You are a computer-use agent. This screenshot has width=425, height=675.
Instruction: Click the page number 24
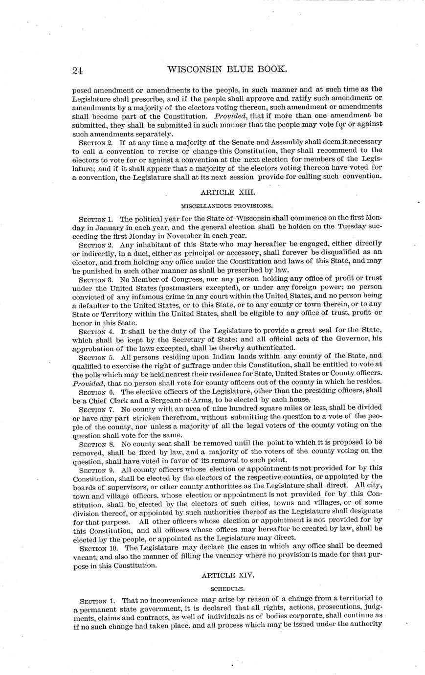[x=77, y=70]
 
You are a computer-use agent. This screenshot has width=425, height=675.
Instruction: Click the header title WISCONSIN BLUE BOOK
[x=227, y=69]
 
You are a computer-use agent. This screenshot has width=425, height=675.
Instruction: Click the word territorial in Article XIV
[x=355, y=598]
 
